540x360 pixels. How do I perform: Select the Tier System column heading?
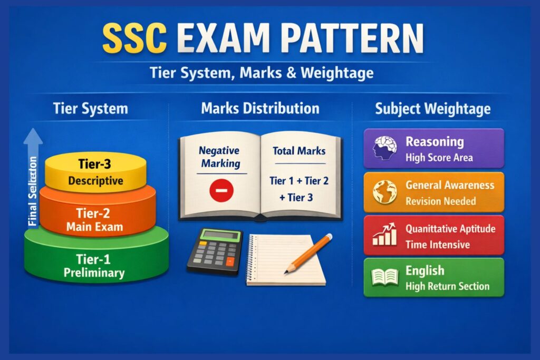pos(90,109)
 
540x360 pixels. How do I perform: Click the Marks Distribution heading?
pos(260,109)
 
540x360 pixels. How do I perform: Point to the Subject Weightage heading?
pos(432,109)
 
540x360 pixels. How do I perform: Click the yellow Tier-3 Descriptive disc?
pos(95,172)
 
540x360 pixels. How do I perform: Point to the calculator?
pos(214,251)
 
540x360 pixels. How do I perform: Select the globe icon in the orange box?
pos(384,192)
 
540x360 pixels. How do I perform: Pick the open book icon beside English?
pos(384,277)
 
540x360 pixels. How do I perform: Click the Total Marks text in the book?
pos(298,151)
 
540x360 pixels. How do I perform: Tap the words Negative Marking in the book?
pos(219,157)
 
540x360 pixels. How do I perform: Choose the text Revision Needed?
pos(440,201)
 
